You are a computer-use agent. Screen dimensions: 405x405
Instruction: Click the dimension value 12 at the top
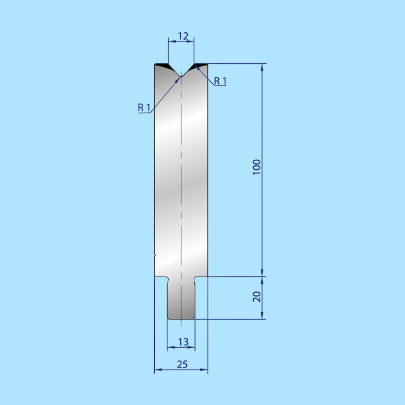[x=183, y=36]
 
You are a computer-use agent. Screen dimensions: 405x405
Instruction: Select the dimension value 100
[x=257, y=167]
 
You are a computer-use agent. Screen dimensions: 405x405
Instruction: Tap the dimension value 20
[x=257, y=296]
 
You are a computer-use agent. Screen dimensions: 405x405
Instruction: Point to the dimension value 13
[x=183, y=342]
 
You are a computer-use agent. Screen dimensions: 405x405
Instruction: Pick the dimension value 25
[x=182, y=364]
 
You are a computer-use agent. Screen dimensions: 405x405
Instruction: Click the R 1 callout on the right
[x=220, y=81]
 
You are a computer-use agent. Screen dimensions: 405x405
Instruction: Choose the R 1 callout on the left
[x=144, y=108]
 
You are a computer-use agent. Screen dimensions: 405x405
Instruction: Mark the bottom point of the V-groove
[x=181, y=77]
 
